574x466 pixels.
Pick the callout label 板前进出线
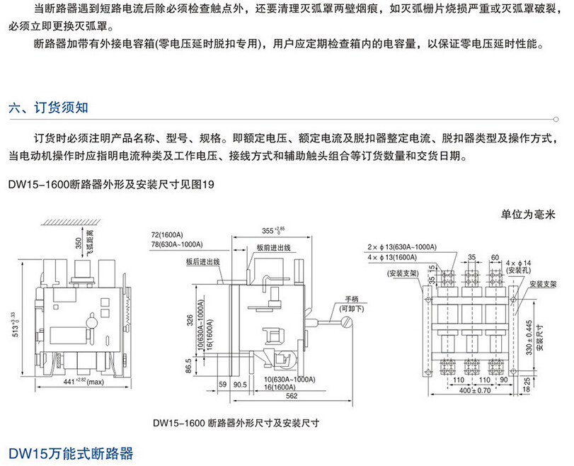pyautogui.click(x=272, y=248)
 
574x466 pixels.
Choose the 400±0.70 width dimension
pyautogui.click(x=468, y=389)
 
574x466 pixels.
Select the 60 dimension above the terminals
pyautogui.click(x=495, y=258)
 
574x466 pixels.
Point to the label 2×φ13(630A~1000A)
pyautogui.click(x=401, y=247)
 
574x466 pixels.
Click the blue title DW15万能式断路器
pyautogui.click(x=71, y=453)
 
